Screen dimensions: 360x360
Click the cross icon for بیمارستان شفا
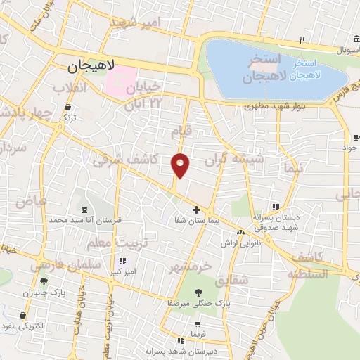pos(197,210)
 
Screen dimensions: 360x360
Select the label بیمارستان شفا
pos(197,220)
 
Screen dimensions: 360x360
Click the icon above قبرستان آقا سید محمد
pos(85,209)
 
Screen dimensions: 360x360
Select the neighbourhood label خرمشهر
pos(190,267)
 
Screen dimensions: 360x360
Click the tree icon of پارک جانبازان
pos(44,281)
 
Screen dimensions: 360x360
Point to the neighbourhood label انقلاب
pos(70,88)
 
